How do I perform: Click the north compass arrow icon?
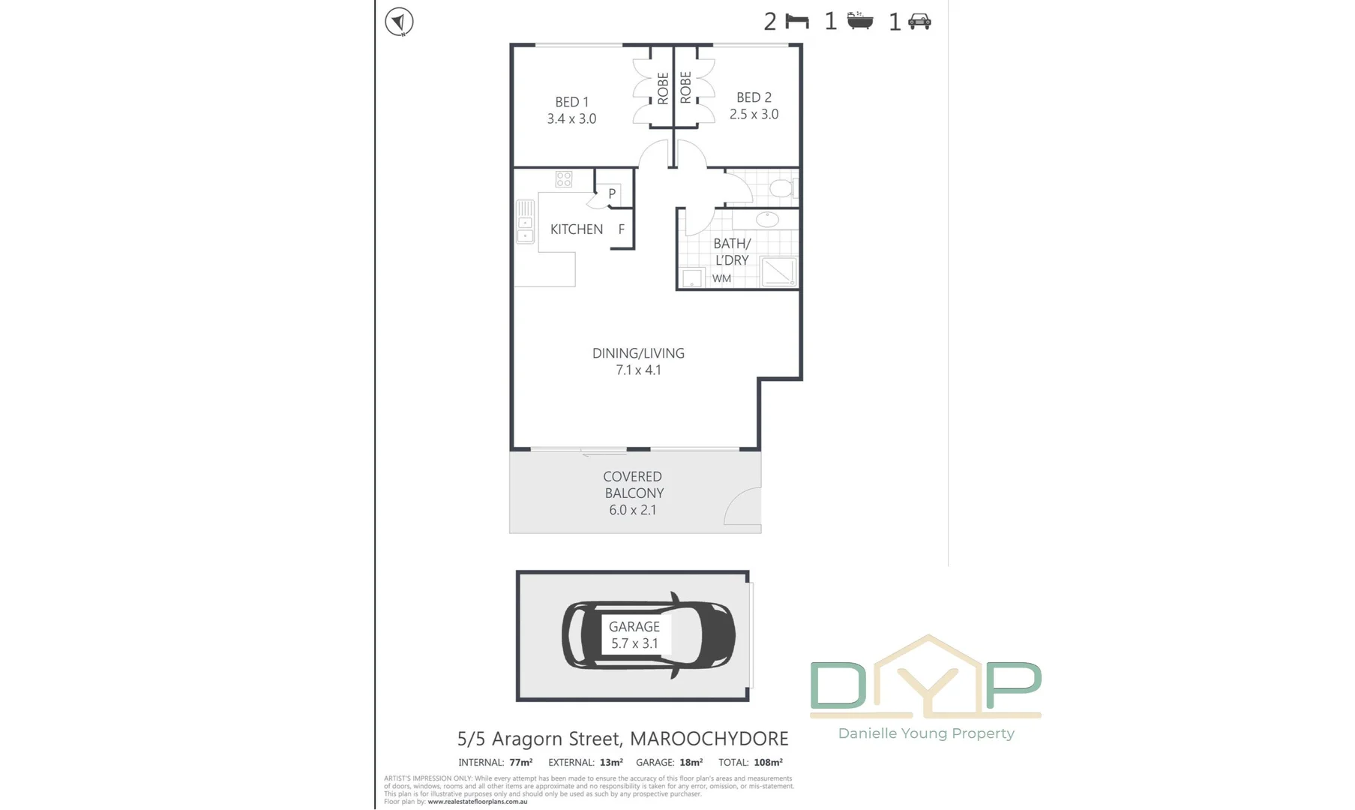pos(399,22)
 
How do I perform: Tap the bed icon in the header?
pos(797,22)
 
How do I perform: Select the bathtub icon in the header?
pos(860,21)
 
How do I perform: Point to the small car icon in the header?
pos(919,22)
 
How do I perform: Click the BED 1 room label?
pos(571,102)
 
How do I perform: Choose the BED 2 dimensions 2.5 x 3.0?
pos(754,115)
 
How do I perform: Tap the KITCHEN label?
pos(576,229)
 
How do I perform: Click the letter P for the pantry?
pos(612,194)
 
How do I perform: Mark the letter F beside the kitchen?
pos(622,229)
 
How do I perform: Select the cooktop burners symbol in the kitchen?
pos(564,179)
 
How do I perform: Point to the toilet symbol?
pos(782,187)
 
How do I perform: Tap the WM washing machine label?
pos(721,279)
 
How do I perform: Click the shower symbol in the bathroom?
pos(778,271)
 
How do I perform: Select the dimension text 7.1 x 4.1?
pos(638,370)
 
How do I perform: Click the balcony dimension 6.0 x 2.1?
pos(633,510)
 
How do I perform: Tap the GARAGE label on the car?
pos(634,627)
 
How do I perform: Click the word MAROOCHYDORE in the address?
pos(709,739)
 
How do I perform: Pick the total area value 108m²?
pos(768,763)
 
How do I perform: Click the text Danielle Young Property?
pos(926,733)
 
